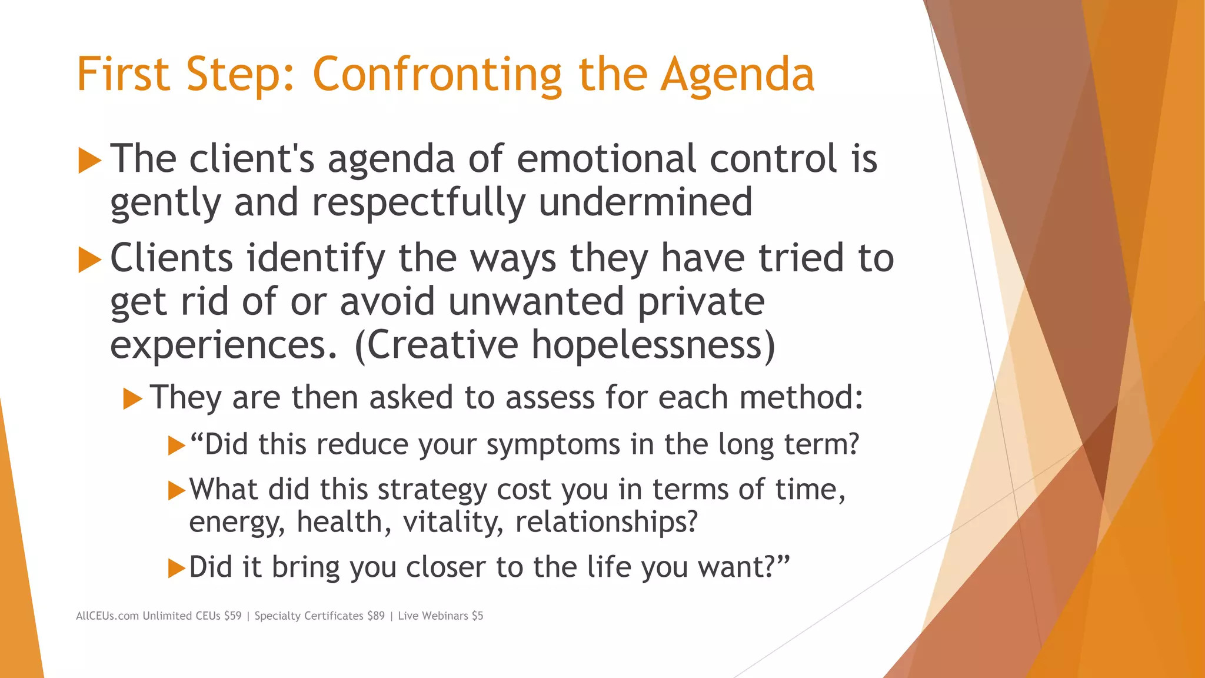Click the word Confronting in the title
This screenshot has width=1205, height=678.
437,75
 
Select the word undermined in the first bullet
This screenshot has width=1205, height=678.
645,202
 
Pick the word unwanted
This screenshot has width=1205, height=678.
535,301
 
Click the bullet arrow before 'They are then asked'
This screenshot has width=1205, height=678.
133,399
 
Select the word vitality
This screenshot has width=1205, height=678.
452,522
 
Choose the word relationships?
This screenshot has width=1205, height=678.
606,522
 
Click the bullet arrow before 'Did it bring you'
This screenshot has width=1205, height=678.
177,569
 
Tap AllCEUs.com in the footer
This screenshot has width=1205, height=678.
107,616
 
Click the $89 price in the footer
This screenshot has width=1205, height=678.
375,616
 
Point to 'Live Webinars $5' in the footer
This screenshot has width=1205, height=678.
440,616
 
